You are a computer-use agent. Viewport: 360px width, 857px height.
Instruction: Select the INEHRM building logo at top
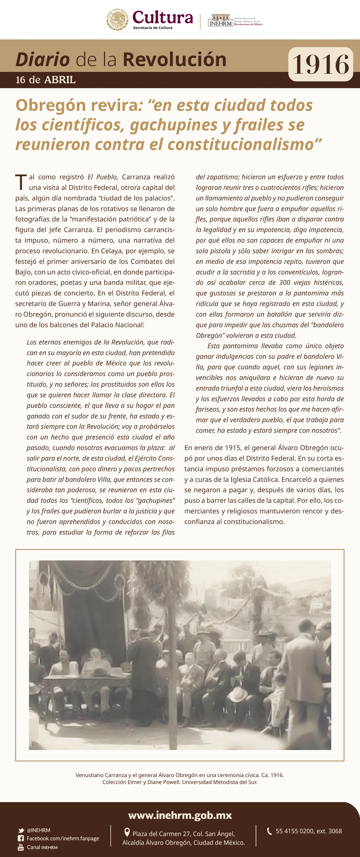(x=220, y=20)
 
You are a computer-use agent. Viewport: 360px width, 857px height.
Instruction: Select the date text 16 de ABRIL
(x=46, y=80)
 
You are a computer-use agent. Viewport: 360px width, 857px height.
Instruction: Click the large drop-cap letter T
(x=21, y=182)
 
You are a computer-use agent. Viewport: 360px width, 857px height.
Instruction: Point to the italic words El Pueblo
(x=103, y=177)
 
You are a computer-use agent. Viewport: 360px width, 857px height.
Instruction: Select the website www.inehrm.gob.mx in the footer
(x=180, y=815)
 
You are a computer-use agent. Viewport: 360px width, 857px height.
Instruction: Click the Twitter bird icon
(x=21, y=830)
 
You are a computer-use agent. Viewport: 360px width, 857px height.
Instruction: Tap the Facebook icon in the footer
(x=21, y=838)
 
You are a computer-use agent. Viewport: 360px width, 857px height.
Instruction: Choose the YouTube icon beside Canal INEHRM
(x=21, y=847)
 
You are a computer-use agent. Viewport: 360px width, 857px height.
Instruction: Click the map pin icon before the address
(x=127, y=832)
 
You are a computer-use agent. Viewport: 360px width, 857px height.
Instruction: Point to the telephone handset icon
(x=269, y=831)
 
